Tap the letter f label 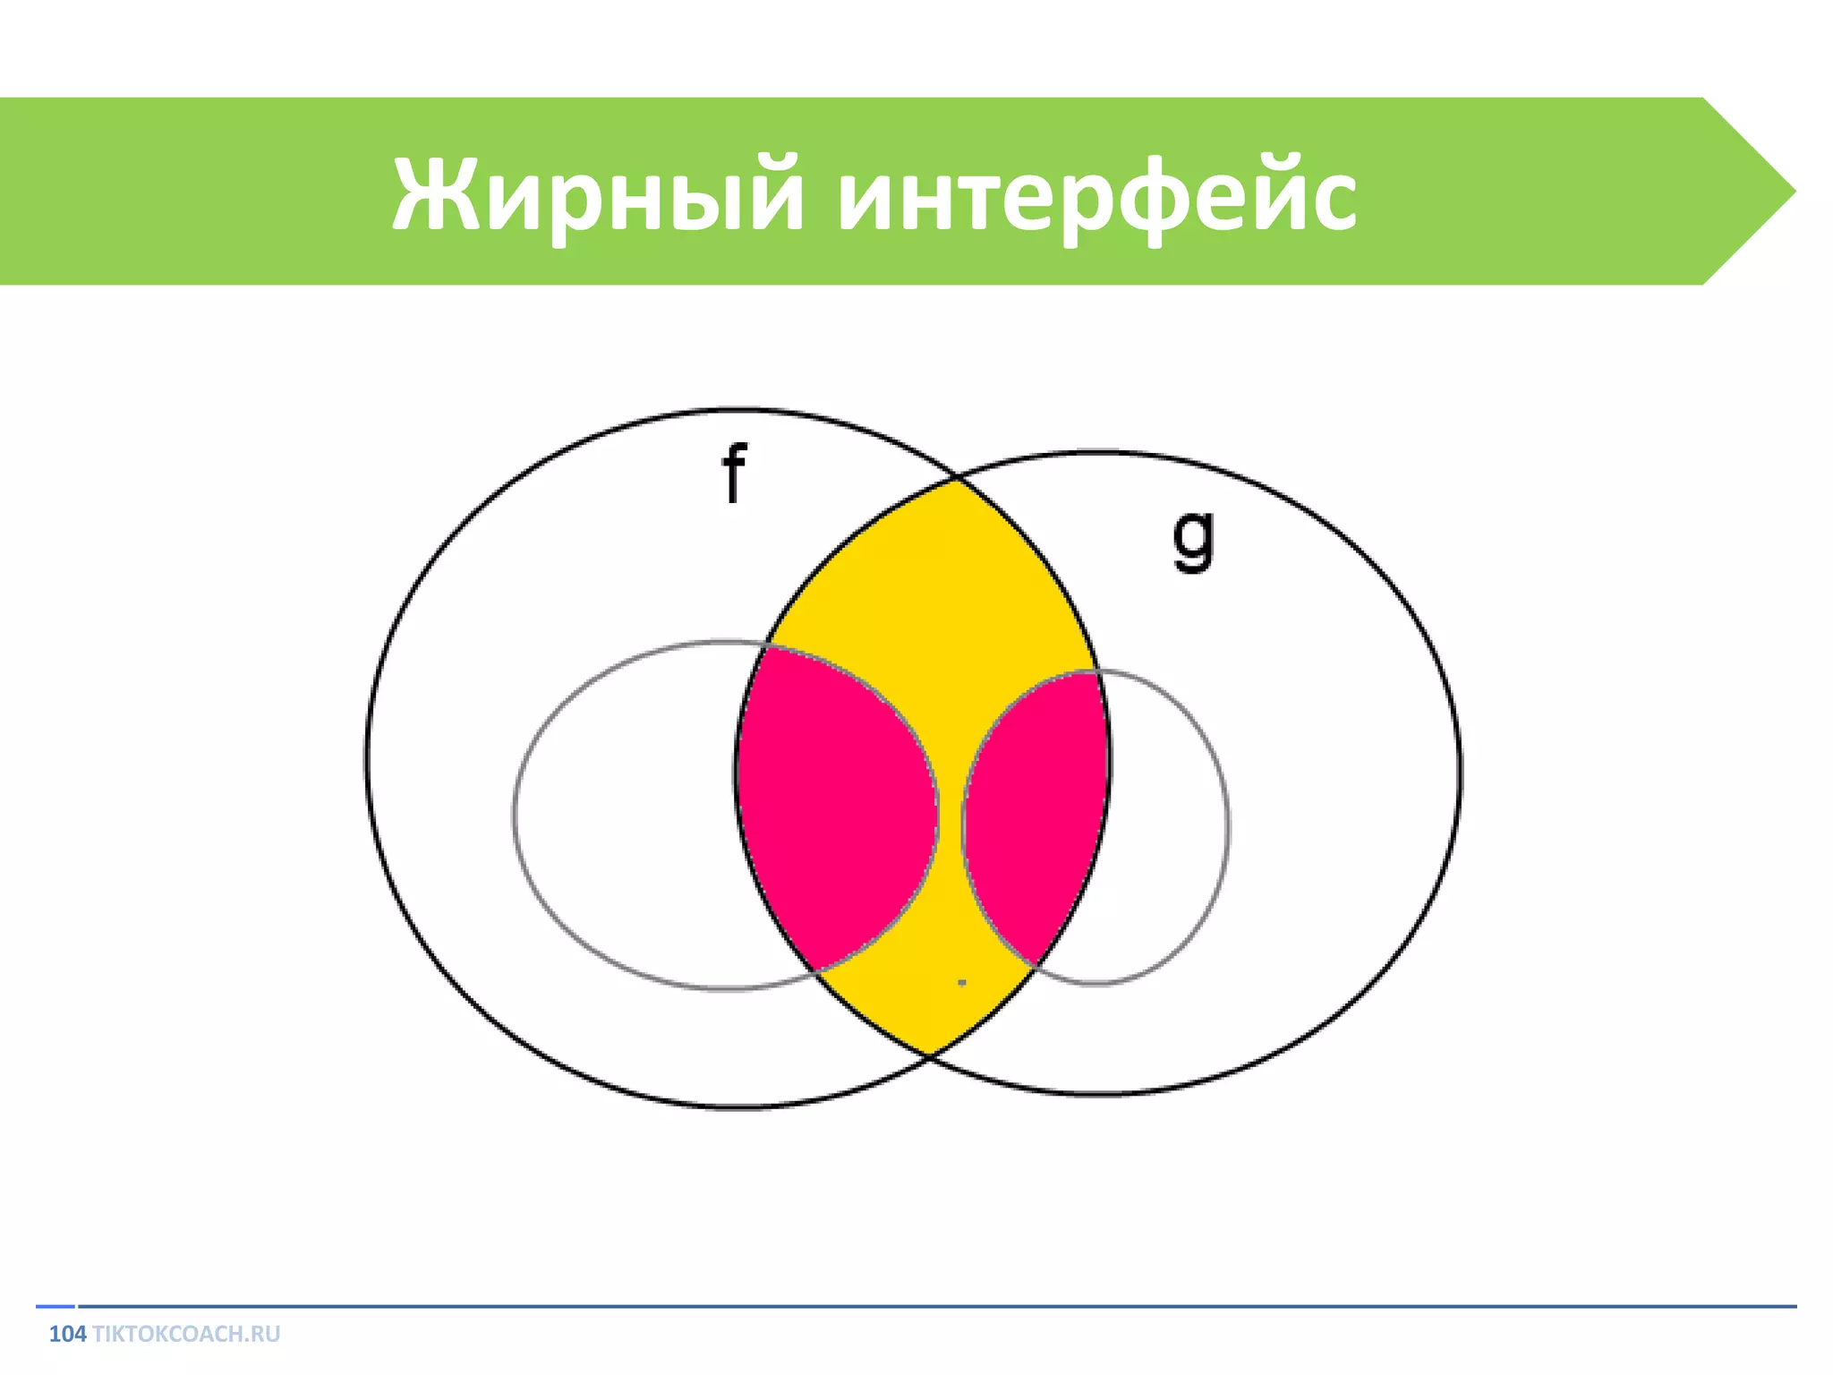coord(734,473)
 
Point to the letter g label coord(1194,539)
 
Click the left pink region coord(832,806)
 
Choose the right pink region coord(1038,806)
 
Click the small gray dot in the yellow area coord(962,982)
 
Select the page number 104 coord(67,1334)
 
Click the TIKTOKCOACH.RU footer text coord(186,1334)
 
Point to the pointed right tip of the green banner coord(1792,191)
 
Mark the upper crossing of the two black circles coord(956,480)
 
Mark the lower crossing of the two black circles coord(931,1056)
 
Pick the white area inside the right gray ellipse coord(1164,824)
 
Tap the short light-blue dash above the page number coord(55,1306)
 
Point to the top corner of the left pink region coord(763,647)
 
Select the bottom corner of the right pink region coord(1034,965)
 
